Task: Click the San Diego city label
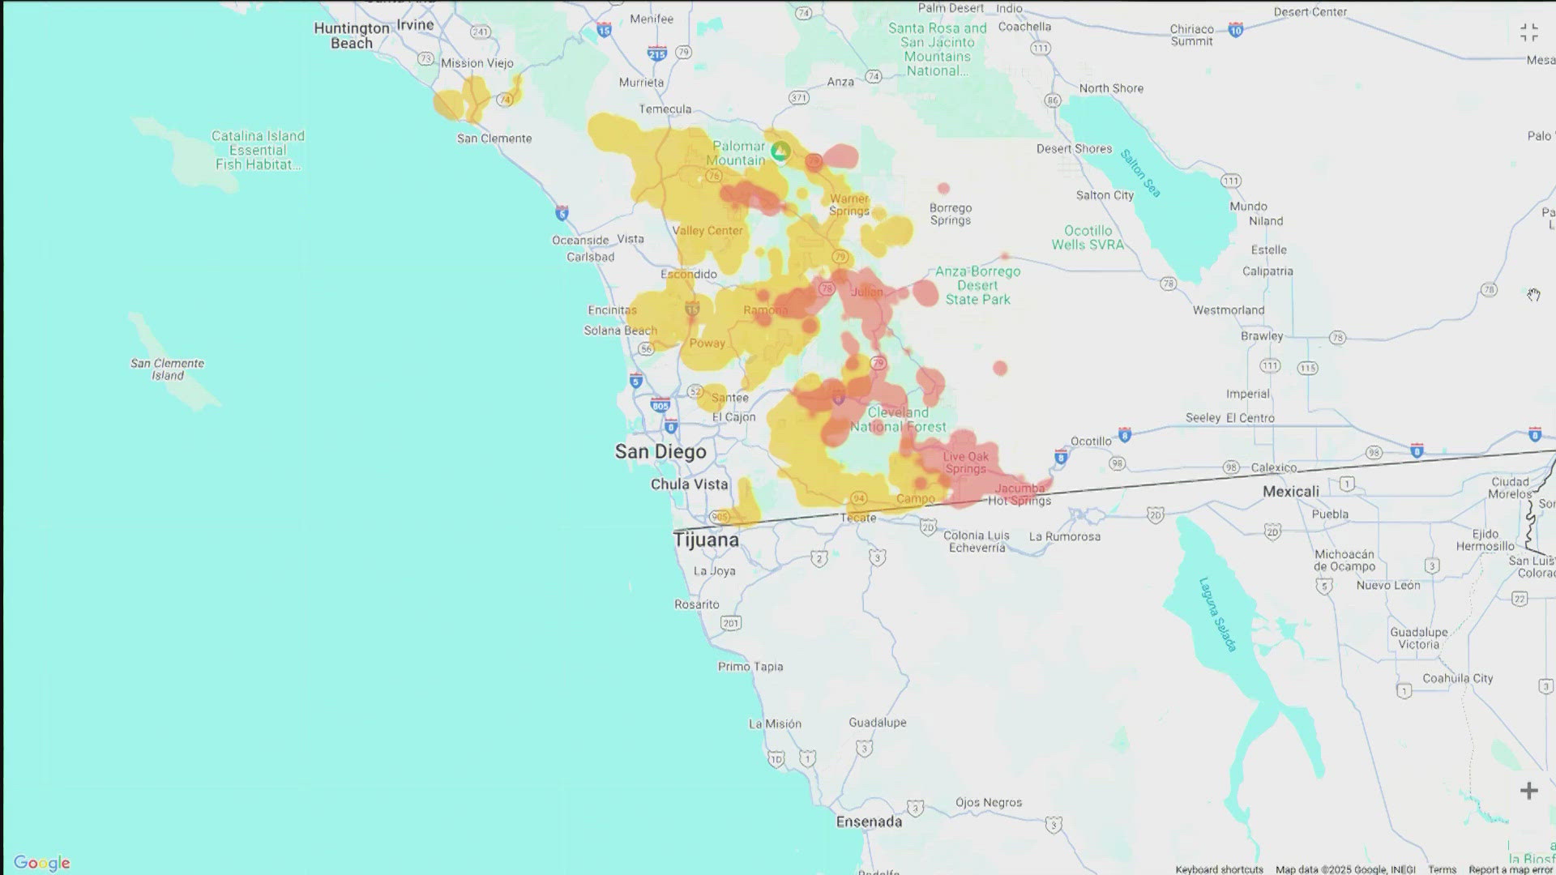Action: coord(660,452)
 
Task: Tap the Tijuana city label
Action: coord(706,540)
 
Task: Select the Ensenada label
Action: coord(869,822)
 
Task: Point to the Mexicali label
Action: coord(1290,492)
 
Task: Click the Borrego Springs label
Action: coord(950,215)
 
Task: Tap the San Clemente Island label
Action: coord(168,369)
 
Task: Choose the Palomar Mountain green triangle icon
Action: coord(780,151)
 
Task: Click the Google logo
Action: coord(42,863)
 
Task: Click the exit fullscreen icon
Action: coord(1528,32)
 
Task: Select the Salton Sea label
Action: coord(1141,173)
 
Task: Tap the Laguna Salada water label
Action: coord(1218,614)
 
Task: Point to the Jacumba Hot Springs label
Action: coord(1020,494)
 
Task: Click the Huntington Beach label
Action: coord(352,36)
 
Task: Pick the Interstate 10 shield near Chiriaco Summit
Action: coord(1236,31)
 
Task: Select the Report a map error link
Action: coord(1510,869)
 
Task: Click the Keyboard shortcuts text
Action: coord(1219,869)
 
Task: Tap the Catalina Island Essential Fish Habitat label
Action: coord(258,151)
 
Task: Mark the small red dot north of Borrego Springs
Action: coord(943,189)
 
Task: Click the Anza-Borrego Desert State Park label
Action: coord(977,285)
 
